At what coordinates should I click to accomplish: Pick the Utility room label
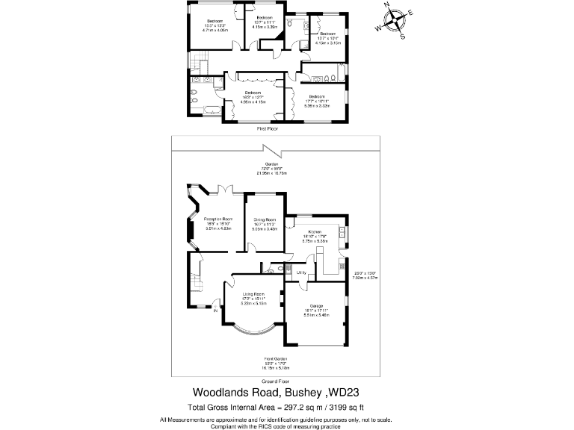click(x=301, y=272)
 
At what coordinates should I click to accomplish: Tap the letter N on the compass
click(x=389, y=5)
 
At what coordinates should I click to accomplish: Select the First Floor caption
click(x=268, y=129)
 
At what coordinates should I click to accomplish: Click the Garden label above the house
click(x=271, y=164)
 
